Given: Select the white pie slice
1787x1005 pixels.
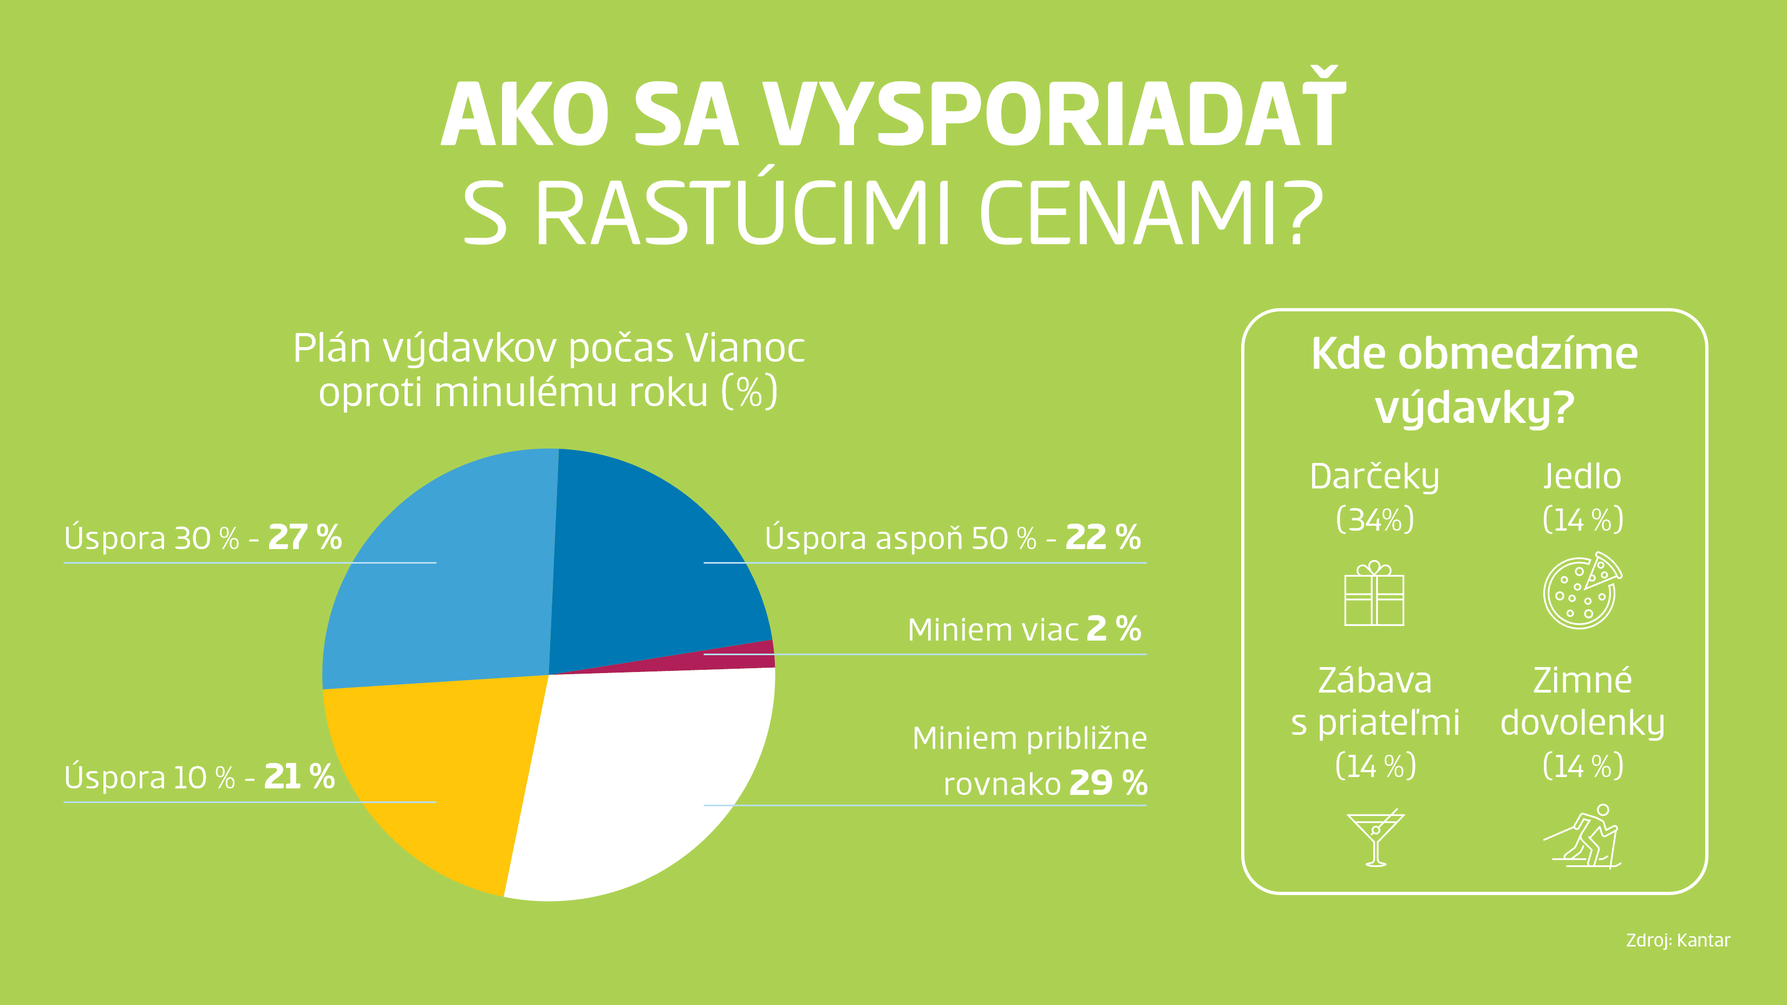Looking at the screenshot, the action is (645, 784).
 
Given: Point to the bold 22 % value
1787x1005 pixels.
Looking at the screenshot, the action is (1103, 537).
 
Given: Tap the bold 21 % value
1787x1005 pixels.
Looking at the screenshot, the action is (299, 776).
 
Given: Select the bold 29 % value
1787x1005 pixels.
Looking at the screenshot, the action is (1108, 783).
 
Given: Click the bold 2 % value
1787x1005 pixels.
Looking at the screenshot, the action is (1113, 628).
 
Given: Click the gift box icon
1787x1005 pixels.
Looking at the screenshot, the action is (1374, 593).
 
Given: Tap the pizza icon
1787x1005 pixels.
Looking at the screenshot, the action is (1582, 591).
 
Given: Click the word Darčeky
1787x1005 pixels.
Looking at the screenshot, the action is (1374, 477).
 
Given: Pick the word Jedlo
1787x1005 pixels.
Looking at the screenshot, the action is (1582, 476).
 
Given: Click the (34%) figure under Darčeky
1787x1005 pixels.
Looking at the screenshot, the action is (1375, 519).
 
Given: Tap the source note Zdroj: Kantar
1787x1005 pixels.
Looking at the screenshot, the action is (1678, 941).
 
